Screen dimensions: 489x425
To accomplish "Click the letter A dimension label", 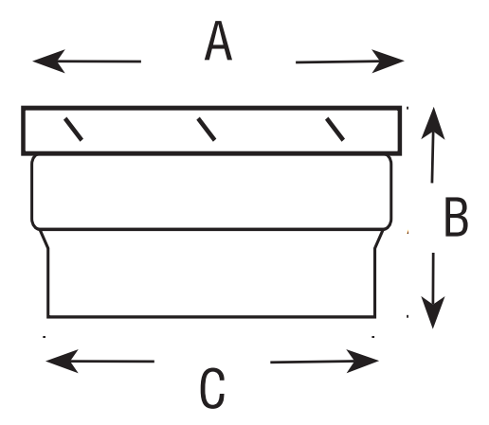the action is point(218,41).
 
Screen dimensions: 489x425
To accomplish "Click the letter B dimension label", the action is point(456,217).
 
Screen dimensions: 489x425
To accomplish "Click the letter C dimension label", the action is point(212,387).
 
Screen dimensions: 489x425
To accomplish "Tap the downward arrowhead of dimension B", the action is point(433,312).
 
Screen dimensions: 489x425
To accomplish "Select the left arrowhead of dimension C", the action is point(62,361).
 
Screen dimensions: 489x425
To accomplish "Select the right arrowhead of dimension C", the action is point(363,361).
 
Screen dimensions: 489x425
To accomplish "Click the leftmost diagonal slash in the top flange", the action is point(73,129).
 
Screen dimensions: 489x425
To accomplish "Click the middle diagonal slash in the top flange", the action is point(207,129).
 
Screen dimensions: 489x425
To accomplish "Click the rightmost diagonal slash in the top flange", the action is point(335,129).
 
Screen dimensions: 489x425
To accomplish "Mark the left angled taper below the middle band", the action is point(44,239).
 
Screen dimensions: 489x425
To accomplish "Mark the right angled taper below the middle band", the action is point(379,239).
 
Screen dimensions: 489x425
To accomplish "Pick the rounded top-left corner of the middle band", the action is point(33,158).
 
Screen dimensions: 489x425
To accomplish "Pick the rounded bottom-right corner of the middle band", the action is point(389,226).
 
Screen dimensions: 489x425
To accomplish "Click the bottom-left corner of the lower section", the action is point(47,316).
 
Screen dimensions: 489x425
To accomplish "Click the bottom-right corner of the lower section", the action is point(375,316).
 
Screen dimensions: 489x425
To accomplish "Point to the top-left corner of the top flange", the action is point(23,108).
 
